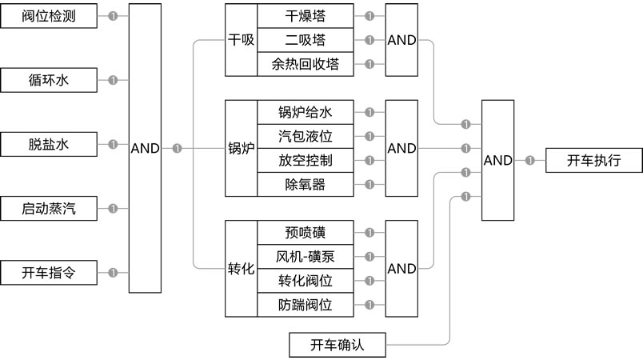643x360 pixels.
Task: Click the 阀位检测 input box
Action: pyautogui.click(x=49, y=15)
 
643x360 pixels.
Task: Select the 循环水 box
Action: pyautogui.click(x=49, y=80)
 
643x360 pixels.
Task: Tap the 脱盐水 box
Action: pyautogui.click(x=49, y=145)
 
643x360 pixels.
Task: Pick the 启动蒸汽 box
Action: pyautogui.click(x=49, y=210)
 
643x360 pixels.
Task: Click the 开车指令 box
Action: pyautogui.click(x=49, y=273)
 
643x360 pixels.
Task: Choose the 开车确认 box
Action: pyautogui.click(x=337, y=345)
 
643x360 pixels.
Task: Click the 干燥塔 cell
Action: pyautogui.click(x=305, y=16)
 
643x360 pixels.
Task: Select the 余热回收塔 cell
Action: pyautogui.click(x=305, y=64)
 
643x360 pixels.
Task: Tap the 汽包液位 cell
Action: pyautogui.click(x=305, y=136)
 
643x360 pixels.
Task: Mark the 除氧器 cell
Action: pyautogui.click(x=305, y=184)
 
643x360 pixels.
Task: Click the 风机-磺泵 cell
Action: pyautogui.click(x=305, y=257)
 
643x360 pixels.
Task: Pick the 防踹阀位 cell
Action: pyautogui.click(x=305, y=305)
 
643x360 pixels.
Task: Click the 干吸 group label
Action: pyautogui.click(x=241, y=40)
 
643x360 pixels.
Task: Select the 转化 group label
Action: pyautogui.click(x=241, y=269)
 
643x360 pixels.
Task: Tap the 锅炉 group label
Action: pyautogui.click(x=241, y=148)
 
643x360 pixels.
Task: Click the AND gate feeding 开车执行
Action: pyautogui.click(x=497, y=160)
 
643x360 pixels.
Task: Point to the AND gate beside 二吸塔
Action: pyautogui.click(x=401, y=40)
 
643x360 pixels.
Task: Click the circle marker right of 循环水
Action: pyautogui.click(x=113, y=80)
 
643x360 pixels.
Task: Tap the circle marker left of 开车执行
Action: pyautogui.click(x=530, y=160)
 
